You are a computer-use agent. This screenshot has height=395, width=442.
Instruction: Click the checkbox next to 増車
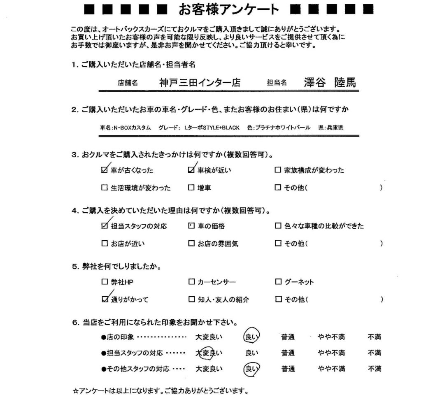pos(191,188)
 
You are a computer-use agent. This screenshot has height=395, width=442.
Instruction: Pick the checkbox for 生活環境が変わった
pos(104,188)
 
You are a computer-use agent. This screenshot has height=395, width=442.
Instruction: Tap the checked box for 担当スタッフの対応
pos(104,226)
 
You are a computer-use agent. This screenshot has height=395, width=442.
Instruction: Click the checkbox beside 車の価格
pos(191,226)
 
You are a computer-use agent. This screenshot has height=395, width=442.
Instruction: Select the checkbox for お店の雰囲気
pos(191,244)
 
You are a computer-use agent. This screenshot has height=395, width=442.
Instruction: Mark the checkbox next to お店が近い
pos(104,244)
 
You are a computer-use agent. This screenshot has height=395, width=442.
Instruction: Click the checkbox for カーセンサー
pos(191,282)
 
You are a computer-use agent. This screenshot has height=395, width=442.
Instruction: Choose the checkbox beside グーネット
pos(277,282)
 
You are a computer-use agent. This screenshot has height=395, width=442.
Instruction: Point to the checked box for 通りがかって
pos(104,300)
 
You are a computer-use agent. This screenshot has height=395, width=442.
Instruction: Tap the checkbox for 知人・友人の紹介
pos(191,300)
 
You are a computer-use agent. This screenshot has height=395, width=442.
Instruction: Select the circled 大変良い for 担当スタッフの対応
pos(208,353)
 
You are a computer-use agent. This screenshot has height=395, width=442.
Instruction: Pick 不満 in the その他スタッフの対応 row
pos(374,369)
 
